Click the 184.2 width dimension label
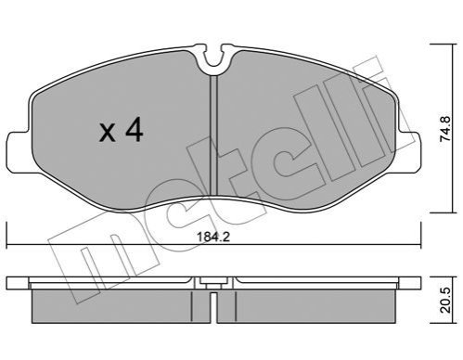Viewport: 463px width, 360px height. click(x=213, y=238)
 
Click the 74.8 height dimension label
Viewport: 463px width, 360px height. click(x=445, y=129)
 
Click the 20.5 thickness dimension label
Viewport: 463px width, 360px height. click(x=445, y=301)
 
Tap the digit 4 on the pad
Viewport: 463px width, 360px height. click(x=134, y=129)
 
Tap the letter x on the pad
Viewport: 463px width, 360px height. click(x=108, y=134)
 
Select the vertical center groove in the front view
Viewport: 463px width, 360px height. click(x=214, y=136)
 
